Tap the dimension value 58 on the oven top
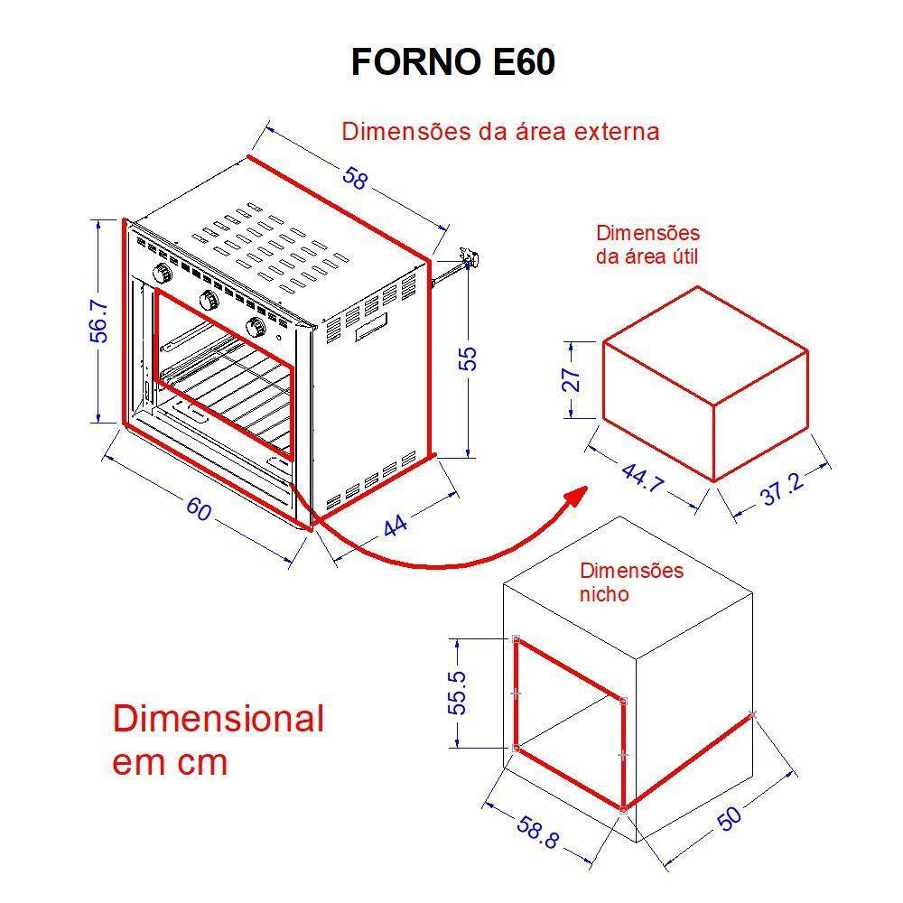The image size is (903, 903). (356, 178)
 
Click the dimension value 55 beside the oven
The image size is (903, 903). (468, 358)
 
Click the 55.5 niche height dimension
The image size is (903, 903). (460, 693)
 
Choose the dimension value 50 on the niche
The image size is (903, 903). (730, 817)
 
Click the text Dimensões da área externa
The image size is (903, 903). (500, 132)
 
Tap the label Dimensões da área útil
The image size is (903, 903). (647, 245)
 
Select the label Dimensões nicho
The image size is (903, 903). (631, 582)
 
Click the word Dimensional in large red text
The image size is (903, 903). (218, 720)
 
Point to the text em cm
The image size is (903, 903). (170, 763)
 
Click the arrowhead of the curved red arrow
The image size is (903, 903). (576, 497)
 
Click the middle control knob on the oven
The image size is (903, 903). (208, 300)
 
